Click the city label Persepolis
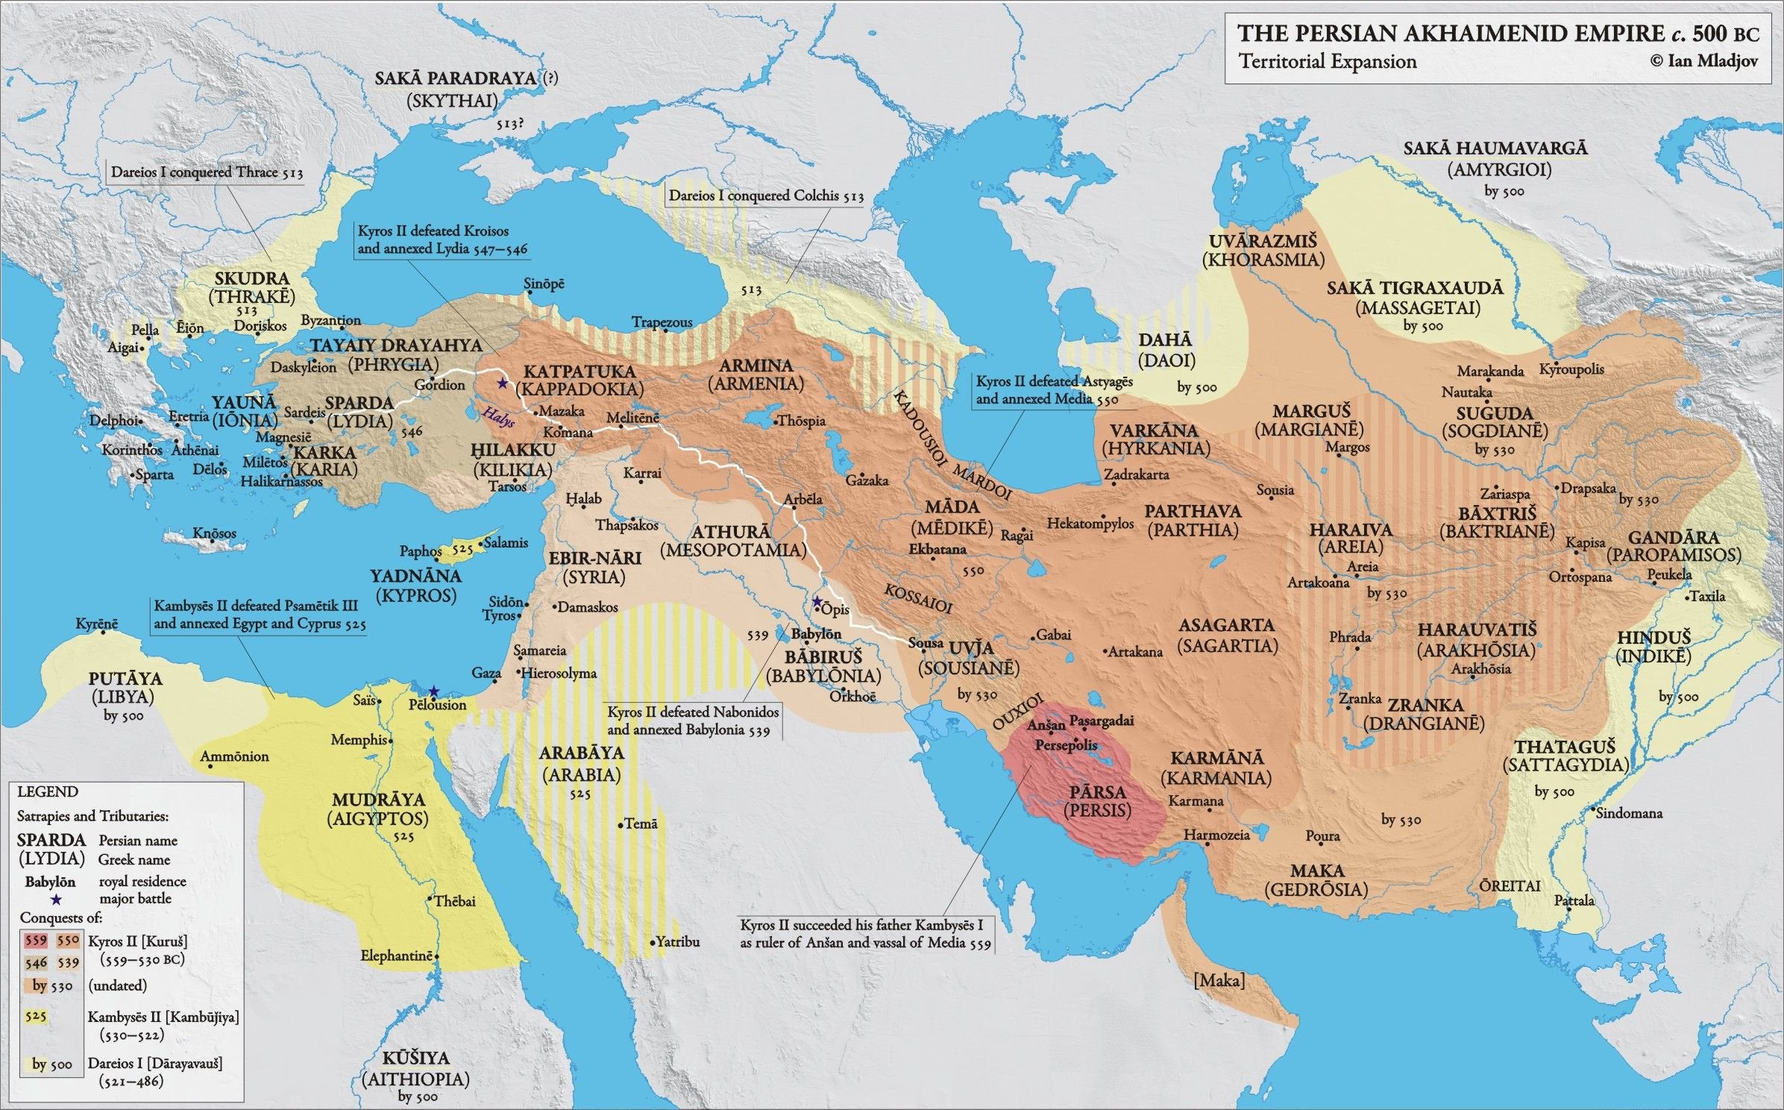click(x=1066, y=745)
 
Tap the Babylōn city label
click(x=816, y=634)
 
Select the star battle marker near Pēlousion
click(x=433, y=691)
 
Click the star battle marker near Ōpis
click(x=817, y=601)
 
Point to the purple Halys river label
click(x=498, y=418)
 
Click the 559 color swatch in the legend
click(x=36, y=941)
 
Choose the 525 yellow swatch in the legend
click(x=36, y=1016)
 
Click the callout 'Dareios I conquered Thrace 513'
click(x=207, y=172)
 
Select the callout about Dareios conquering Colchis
click(x=765, y=196)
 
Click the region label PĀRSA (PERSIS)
click(x=1097, y=800)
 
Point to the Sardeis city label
click(x=304, y=412)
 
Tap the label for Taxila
click(x=1707, y=596)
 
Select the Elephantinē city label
click(x=396, y=956)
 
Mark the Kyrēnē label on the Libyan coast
click(x=96, y=624)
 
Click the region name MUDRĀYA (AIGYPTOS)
click(x=378, y=809)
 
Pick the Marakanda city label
click(x=1490, y=371)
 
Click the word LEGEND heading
click(x=48, y=791)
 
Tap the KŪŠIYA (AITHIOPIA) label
click(x=415, y=1068)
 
